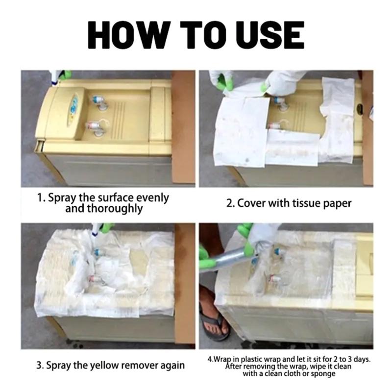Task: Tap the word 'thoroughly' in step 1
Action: pos(104,208)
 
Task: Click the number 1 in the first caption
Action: pos(40,198)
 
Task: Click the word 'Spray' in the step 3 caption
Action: pos(58,365)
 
